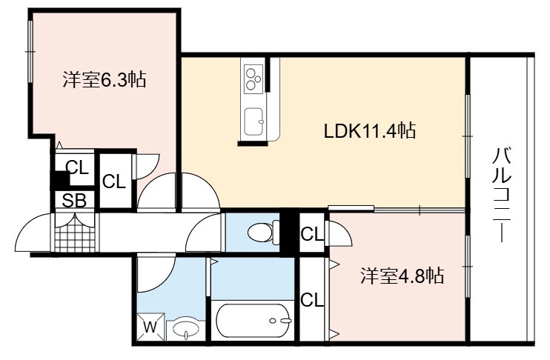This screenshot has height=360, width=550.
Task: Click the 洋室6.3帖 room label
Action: pos(105,79)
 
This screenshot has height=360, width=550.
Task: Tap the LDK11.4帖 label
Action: pos(370,131)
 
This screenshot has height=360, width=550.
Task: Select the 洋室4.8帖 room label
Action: pos(402,276)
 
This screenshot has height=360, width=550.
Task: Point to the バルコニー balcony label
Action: pos(502,195)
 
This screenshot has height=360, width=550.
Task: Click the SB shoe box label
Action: pos(74,201)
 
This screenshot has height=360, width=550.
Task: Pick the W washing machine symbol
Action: pos(150,327)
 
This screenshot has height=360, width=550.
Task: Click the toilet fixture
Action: pos(263,232)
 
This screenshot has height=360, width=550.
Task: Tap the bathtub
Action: pos(253,321)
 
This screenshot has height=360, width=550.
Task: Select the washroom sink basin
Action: pos(185,329)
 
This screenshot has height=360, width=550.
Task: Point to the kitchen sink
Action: pos(254,121)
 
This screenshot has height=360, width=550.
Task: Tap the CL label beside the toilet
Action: pos(312,234)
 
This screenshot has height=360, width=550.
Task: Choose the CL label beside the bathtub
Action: pos(312,300)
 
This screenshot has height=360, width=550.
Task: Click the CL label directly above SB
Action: pos(77,167)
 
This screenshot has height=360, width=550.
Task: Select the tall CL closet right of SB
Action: pos(114,181)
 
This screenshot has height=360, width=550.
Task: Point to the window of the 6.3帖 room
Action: pos(30,52)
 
